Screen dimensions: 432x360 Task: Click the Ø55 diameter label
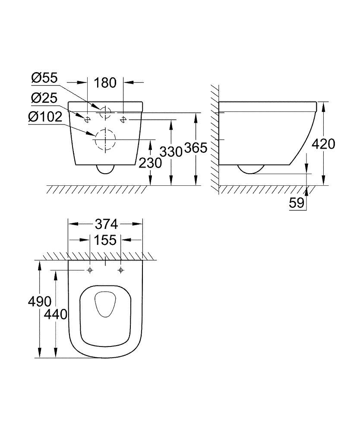coord(44,78)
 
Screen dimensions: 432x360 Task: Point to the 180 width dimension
coord(106,82)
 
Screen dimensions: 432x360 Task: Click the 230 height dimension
coord(150,162)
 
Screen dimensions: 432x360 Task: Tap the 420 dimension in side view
coord(323,144)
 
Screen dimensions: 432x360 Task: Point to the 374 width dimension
coord(106,224)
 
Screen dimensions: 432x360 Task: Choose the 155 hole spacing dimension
coord(106,240)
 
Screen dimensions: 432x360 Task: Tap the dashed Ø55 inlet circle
coord(105,112)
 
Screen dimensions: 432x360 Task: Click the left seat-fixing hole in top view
coord(90,270)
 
